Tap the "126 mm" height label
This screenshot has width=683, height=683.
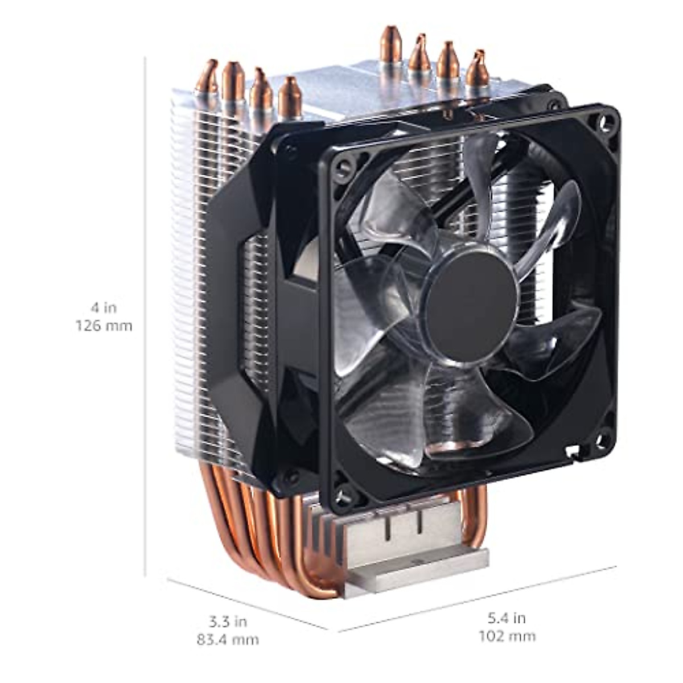104,326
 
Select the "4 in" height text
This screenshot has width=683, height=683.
104,308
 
